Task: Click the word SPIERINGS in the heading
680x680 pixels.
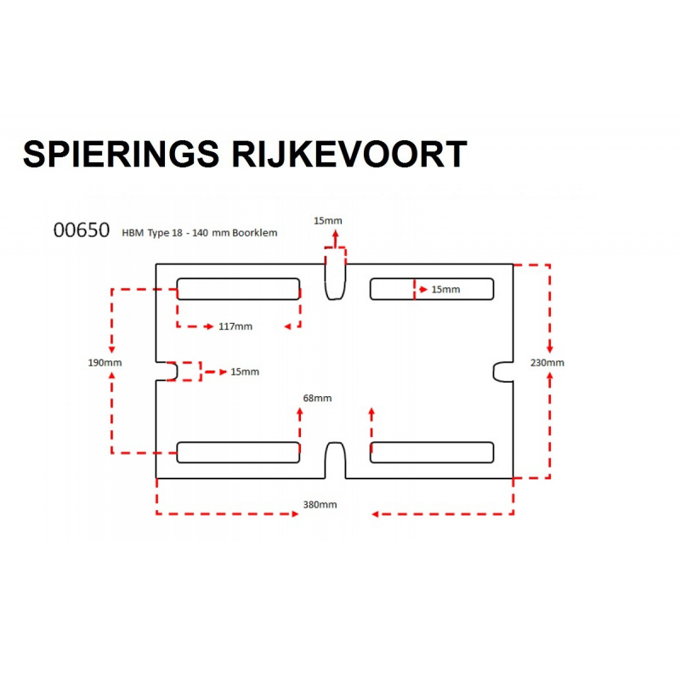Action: [x=121, y=154]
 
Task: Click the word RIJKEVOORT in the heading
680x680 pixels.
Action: [x=349, y=154]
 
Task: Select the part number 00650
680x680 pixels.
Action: [x=82, y=230]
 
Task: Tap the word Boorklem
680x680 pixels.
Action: [x=254, y=233]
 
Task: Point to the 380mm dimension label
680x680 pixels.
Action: [x=320, y=504]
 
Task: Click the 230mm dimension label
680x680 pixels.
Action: [x=547, y=363]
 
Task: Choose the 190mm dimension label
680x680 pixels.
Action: [x=105, y=363]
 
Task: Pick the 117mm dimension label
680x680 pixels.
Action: [x=235, y=326]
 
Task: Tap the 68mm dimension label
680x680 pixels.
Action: [x=317, y=398]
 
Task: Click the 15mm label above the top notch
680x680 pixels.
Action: [x=328, y=221]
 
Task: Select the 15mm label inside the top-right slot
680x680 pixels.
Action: [x=445, y=289]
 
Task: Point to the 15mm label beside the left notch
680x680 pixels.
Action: [x=245, y=371]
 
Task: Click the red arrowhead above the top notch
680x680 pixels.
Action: [x=335, y=235]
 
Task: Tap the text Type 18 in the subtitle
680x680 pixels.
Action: [x=165, y=233]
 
